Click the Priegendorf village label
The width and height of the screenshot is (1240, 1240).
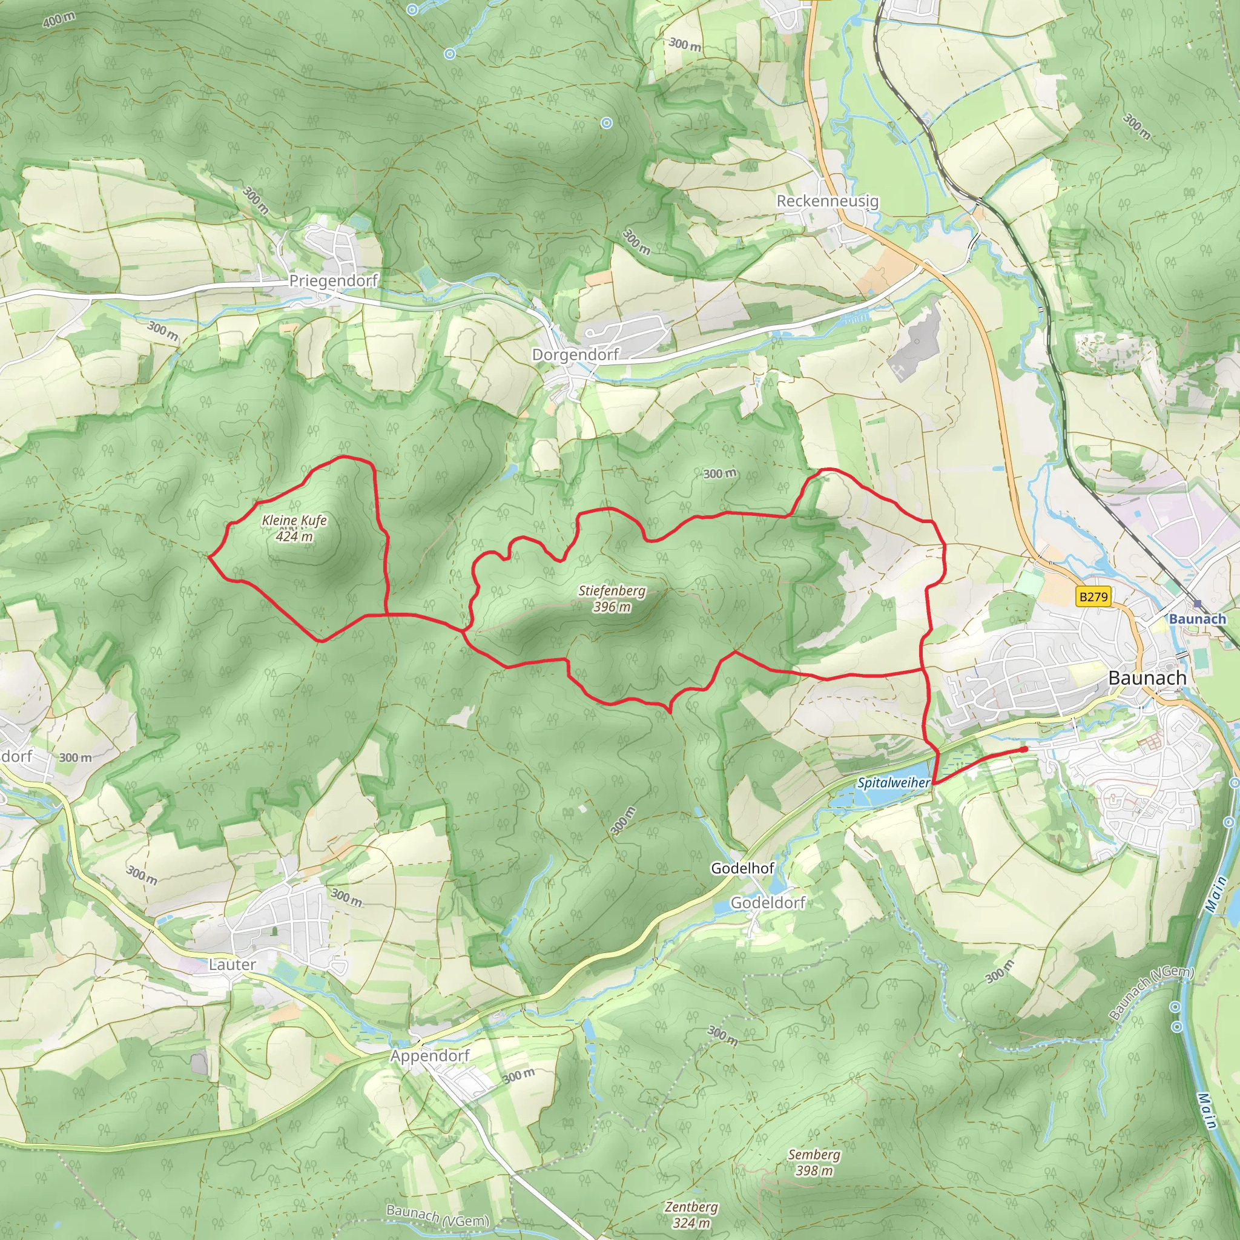pyautogui.click(x=333, y=280)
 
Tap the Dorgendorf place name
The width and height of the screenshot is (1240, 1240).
pyautogui.click(x=575, y=354)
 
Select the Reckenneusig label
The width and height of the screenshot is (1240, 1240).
pyautogui.click(x=827, y=201)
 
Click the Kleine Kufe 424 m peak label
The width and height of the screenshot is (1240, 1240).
pyautogui.click(x=295, y=528)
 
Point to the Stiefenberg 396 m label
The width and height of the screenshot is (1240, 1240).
pyautogui.click(x=612, y=598)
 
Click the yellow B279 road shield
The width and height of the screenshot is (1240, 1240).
pyautogui.click(x=1093, y=597)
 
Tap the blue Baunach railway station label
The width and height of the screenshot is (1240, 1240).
pyautogui.click(x=1197, y=619)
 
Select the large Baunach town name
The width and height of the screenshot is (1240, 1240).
pyautogui.click(x=1147, y=678)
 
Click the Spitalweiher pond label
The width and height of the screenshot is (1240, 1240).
pyautogui.click(x=893, y=782)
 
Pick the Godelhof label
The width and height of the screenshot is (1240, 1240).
pyautogui.click(x=742, y=868)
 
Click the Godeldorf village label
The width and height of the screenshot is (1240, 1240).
pyautogui.click(x=768, y=902)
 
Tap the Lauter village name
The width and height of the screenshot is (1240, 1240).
pyautogui.click(x=232, y=965)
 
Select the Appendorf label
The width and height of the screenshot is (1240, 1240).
pyautogui.click(x=430, y=1055)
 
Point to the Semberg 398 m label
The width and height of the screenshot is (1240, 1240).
pyautogui.click(x=814, y=1162)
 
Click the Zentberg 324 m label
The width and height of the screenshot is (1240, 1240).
pyautogui.click(x=691, y=1215)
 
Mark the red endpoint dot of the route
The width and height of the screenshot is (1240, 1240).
pyautogui.click(x=1024, y=749)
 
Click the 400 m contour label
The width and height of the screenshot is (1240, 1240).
pyautogui.click(x=59, y=20)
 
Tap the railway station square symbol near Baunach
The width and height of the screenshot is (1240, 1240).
pyautogui.click(x=1198, y=602)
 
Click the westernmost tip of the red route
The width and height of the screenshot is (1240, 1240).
pyautogui.click(x=210, y=557)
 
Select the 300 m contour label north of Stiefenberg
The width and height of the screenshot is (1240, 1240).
pyautogui.click(x=719, y=473)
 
